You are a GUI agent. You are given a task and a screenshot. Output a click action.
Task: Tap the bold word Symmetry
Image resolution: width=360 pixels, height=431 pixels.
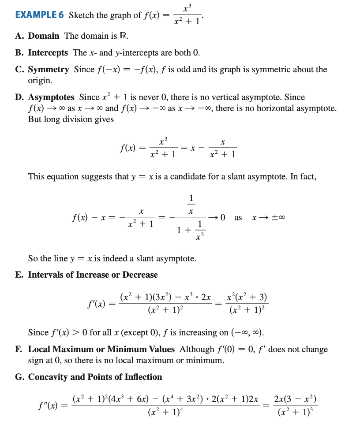click(49, 70)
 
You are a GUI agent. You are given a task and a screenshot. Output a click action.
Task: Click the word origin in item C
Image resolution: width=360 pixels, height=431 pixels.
click(40, 81)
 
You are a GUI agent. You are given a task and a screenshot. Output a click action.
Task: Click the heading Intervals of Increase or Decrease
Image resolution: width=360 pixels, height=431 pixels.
click(93, 275)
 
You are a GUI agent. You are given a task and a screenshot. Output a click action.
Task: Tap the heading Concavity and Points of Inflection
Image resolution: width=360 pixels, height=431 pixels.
click(95, 377)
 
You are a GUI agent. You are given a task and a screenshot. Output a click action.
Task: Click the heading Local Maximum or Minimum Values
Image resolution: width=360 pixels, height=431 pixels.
click(101, 349)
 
